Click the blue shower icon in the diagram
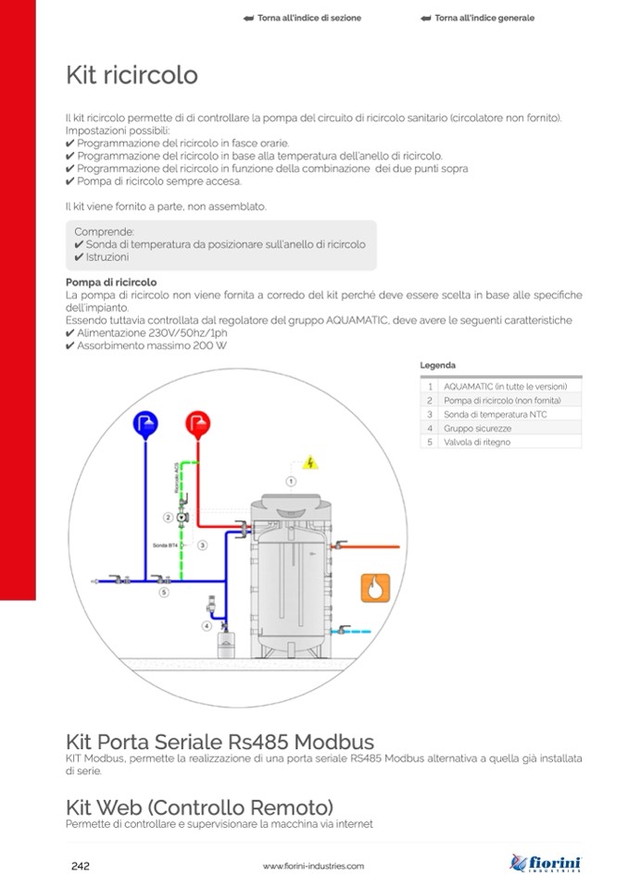145,423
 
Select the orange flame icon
375,587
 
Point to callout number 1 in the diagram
290,482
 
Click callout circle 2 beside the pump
169,517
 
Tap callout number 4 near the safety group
207,626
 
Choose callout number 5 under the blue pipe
164,591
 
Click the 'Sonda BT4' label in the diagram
165,546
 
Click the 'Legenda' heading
437,366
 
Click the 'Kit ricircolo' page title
132,75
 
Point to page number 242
81,866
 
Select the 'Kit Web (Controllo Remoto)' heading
199,806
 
